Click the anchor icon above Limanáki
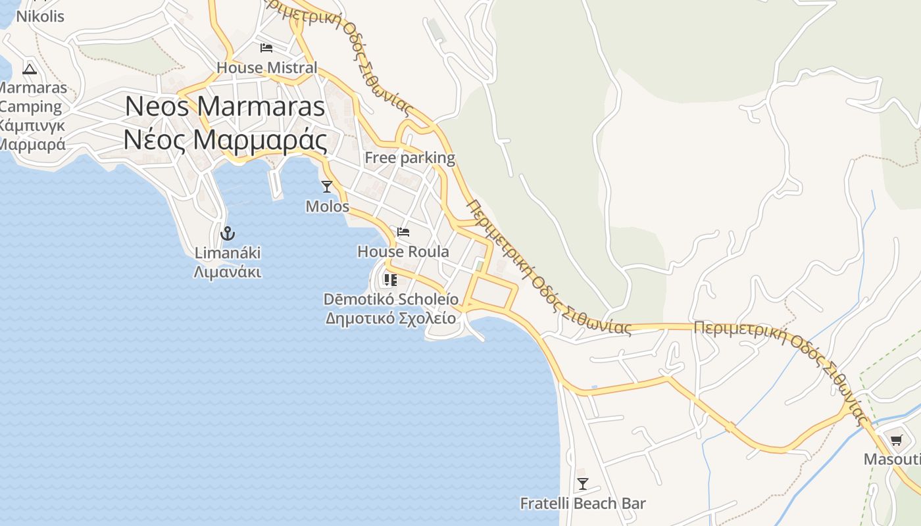coord(228,233)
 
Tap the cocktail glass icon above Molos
coord(327,187)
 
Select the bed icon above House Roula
coord(403,232)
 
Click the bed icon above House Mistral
coord(266,48)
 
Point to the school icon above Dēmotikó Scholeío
coord(391,280)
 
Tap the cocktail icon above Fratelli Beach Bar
coord(582,484)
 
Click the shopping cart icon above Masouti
coord(896,440)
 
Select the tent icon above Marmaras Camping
coord(30,69)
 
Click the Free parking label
coord(410,158)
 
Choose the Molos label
coord(328,206)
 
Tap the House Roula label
coord(403,252)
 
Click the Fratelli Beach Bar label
coord(583,504)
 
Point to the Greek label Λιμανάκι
coord(228,272)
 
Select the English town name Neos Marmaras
coord(225,107)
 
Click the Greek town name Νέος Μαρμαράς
coord(225,139)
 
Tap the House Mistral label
coord(266,68)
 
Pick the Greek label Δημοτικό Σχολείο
coord(391,318)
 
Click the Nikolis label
coord(40,16)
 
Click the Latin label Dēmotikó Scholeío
coord(391,299)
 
